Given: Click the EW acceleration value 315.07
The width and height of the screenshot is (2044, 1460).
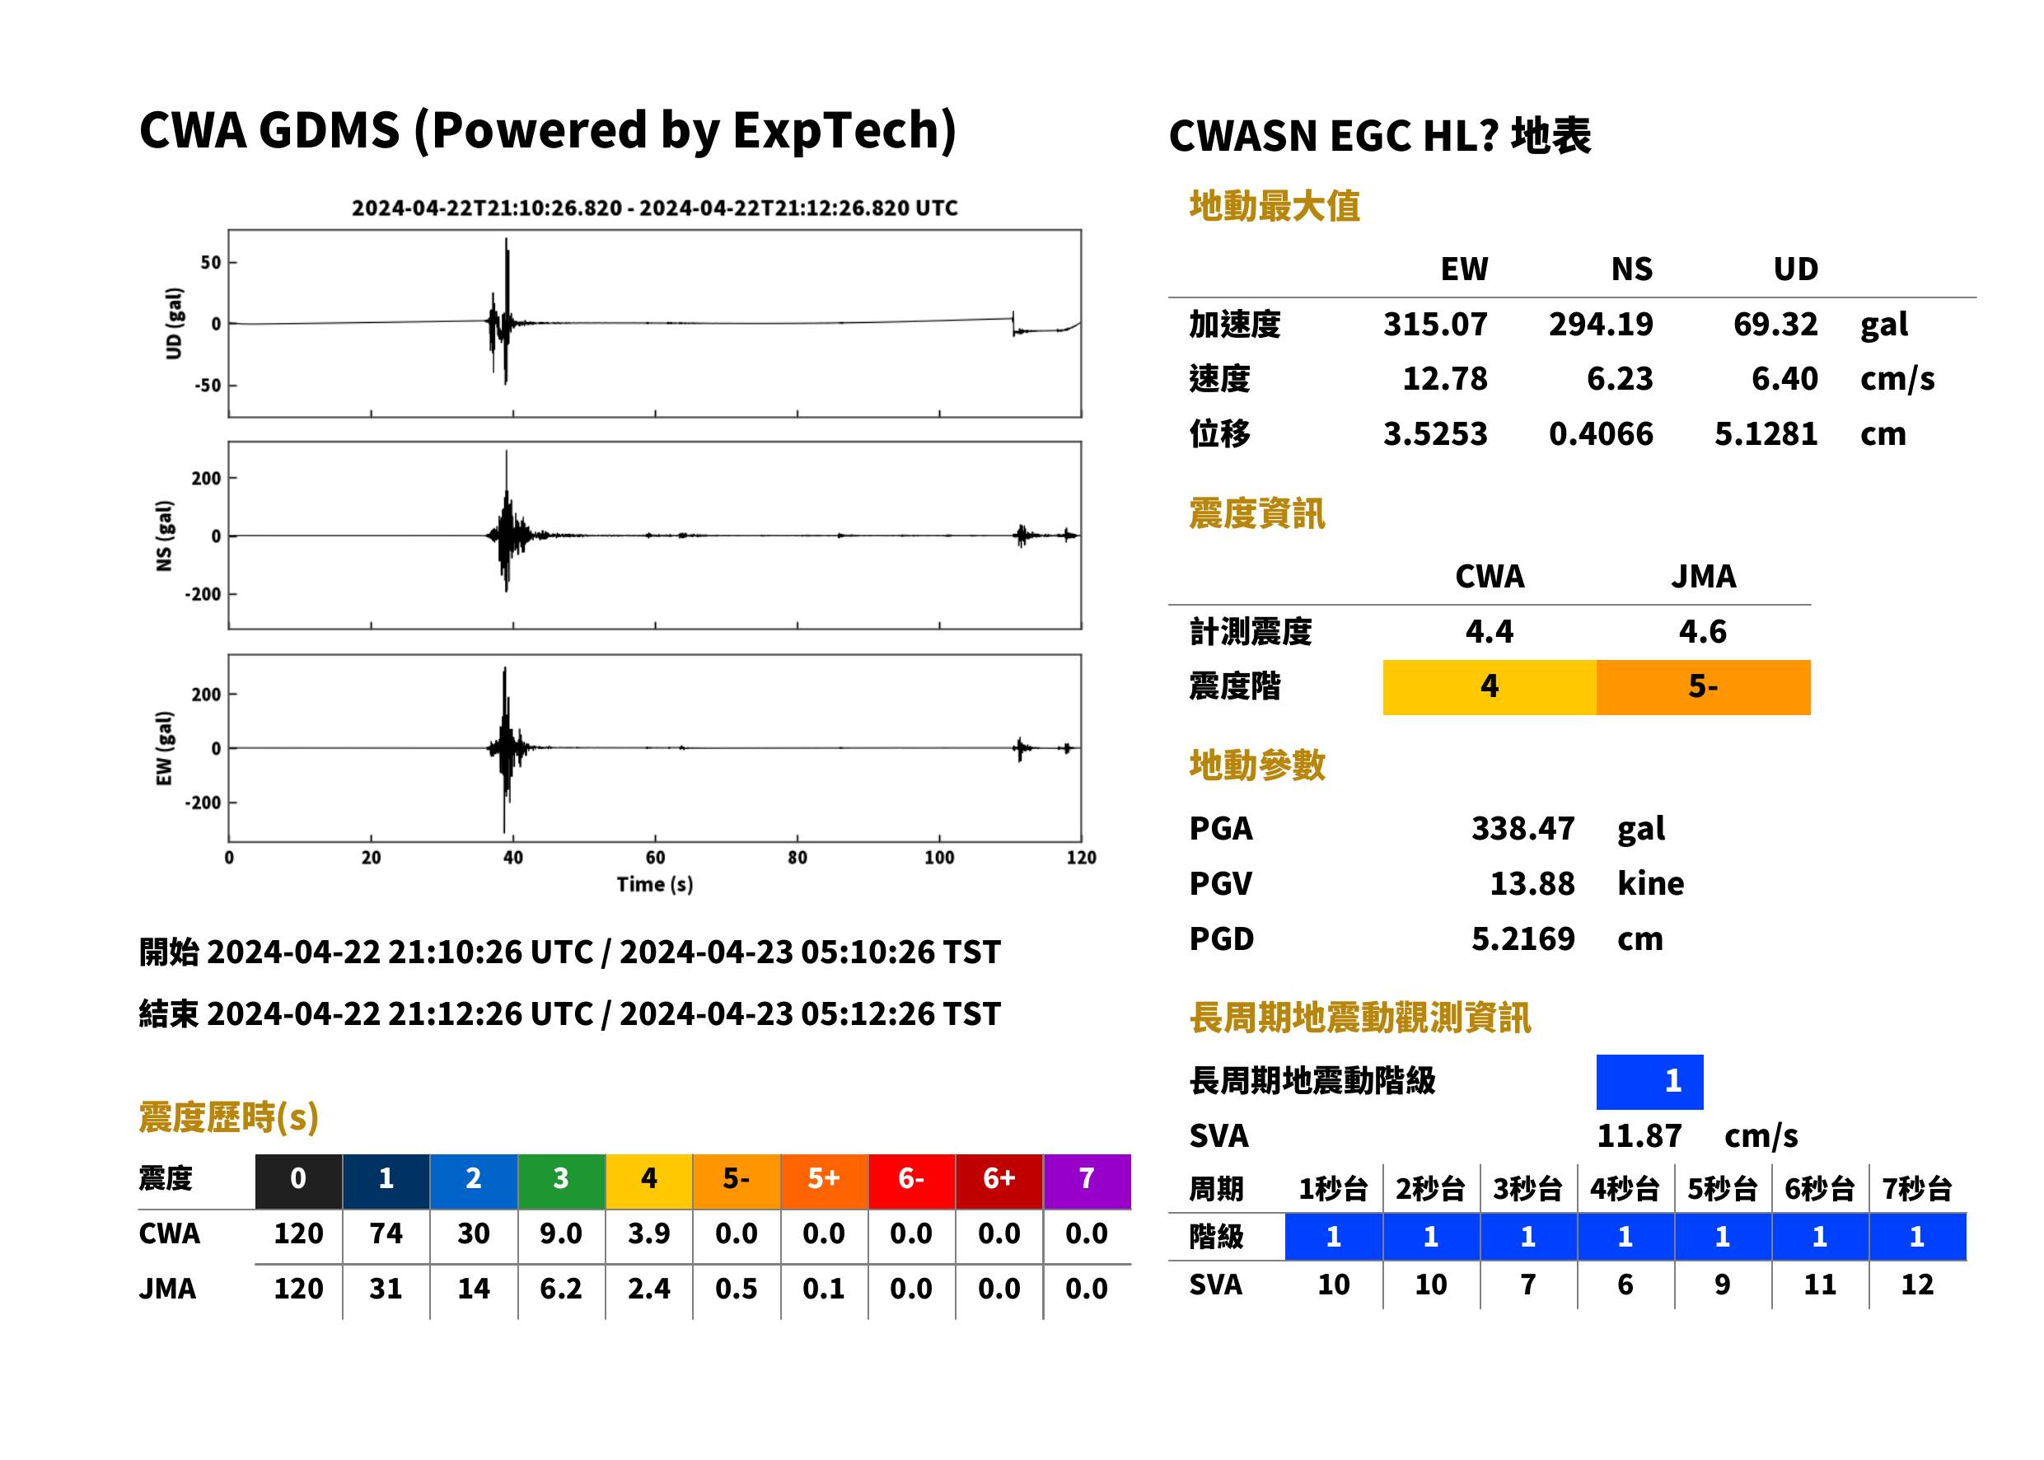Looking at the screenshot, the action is [1434, 324].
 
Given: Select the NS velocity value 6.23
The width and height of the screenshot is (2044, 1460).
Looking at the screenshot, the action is [1619, 378].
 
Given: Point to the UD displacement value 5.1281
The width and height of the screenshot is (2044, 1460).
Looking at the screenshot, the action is [1766, 433].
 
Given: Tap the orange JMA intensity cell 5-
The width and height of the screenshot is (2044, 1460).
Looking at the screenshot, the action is [1702, 687].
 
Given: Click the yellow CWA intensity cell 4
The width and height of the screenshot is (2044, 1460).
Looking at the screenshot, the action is [1490, 687].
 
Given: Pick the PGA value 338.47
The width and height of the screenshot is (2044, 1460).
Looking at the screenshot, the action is [1522, 828].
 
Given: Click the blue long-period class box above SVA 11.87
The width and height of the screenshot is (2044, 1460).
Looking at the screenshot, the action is [1649, 1082].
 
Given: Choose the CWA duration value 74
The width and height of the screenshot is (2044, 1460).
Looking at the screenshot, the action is [386, 1233].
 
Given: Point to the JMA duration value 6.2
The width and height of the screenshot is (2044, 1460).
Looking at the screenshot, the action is [561, 1289].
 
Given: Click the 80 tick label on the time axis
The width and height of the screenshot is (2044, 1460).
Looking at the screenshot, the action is [797, 858].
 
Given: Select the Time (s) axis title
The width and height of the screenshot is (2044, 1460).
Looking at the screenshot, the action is [654, 885].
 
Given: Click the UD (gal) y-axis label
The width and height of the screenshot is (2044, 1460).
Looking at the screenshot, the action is [175, 324].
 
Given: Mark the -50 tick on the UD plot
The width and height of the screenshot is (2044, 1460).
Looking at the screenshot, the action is [208, 385].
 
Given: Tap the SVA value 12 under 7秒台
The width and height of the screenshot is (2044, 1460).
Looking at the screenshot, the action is [1916, 1285].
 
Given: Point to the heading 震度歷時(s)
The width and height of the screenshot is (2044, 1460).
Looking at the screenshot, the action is [228, 1117].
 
